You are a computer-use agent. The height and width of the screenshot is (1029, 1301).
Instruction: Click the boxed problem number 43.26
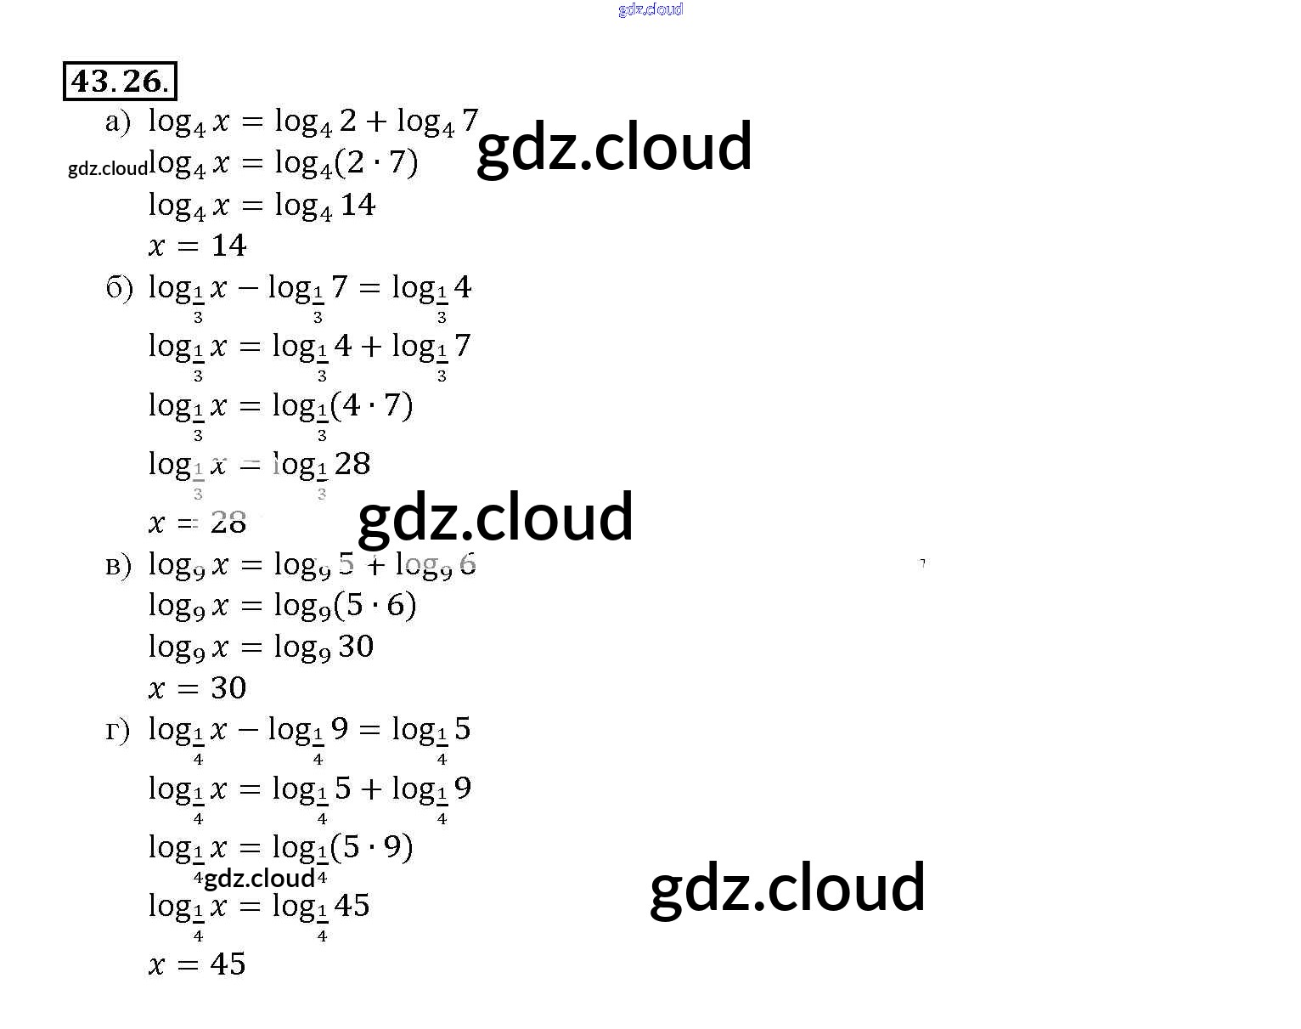click(120, 82)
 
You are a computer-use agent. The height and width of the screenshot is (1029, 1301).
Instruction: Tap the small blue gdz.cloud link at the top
click(650, 9)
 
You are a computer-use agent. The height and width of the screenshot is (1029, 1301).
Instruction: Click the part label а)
click(118, 122)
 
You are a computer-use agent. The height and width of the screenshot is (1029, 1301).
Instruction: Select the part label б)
click(119, 289)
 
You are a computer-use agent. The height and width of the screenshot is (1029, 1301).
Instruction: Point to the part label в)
click(118, 565)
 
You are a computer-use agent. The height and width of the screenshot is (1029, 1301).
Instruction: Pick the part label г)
click(117, 730)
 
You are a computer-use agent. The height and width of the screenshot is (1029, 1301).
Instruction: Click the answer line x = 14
click(197, 246)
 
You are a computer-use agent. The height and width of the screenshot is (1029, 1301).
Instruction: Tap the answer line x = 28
click(197, 522)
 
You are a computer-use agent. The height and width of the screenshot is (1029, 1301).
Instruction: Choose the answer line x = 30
click(197, 687)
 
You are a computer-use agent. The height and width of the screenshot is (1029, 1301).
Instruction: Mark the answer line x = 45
click(197, 964)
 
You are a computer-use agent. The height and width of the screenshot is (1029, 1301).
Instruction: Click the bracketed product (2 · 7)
click(376, 162)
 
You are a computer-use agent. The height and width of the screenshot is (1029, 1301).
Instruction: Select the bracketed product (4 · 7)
click(371, 405)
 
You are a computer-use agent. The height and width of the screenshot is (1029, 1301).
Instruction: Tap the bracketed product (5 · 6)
click(375, 605)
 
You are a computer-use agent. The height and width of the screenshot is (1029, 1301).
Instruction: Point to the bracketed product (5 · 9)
click(371, 847)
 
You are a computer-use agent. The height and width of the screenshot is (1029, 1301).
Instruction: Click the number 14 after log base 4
click(358, 205)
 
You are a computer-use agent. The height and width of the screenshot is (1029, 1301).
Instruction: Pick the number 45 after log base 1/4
click(352, 906)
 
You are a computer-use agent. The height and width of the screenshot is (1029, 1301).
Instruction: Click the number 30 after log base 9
click(356, 647)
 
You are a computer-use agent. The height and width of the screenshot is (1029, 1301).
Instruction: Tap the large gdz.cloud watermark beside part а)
click(614, 147)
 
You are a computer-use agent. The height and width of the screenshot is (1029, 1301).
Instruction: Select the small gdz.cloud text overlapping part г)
click(259, 878)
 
